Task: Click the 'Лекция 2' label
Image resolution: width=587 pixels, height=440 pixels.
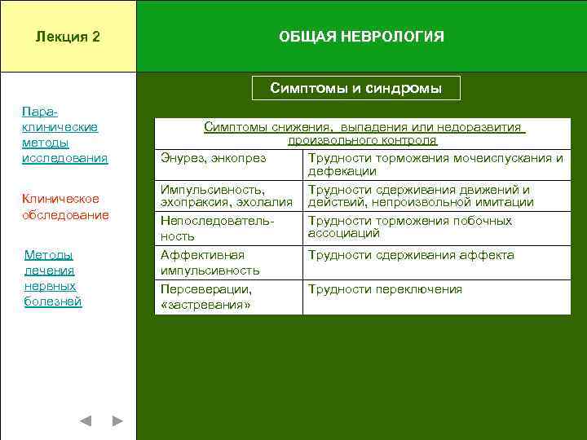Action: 68,37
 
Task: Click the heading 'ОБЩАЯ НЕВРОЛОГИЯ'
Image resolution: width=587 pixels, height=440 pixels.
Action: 361,37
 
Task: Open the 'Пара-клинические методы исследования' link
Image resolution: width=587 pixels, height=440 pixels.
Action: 64,134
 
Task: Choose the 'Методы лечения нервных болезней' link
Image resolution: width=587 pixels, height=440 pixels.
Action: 53,279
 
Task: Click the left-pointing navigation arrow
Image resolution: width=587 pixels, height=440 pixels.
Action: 86,421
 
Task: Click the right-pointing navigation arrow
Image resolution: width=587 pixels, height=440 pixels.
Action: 117,421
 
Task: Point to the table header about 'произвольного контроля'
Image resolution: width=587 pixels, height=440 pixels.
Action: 363,134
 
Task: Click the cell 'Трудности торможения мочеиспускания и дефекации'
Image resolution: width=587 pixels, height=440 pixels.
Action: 435,165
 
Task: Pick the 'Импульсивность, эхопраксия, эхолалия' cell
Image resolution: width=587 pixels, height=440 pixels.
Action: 226,196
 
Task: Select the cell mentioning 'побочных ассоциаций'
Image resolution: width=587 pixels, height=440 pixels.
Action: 409,227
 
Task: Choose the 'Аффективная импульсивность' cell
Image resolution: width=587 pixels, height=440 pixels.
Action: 210,262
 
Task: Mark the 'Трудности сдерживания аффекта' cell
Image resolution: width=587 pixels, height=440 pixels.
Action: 410,255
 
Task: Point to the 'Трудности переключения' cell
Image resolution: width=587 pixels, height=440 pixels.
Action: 384,289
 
